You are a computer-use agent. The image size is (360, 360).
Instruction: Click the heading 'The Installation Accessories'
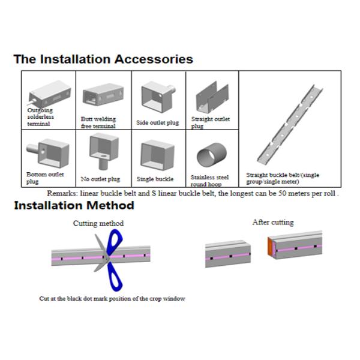pyautogui.click(x=103, y=59)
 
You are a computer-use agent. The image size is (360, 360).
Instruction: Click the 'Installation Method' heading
pyautogui.click(x=74, y=205)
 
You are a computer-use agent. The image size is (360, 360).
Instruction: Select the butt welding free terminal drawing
pyautogui.click(x=103, y=94)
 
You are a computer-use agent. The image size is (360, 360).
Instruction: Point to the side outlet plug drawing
pyautogui.click(x=158, y=97)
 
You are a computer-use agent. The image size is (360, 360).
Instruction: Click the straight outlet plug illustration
pyautogui.click(x=212, y=97)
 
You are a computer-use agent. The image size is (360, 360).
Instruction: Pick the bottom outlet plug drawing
pyautogui.click(x=48, y=153)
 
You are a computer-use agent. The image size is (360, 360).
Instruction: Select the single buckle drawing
pyautogui.click(x=157, y=155)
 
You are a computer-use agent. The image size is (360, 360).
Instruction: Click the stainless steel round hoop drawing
pyautogui.click(x=212, y=155)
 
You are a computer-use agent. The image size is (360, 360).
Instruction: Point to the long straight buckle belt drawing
pyautogui.click(x=290, y=124)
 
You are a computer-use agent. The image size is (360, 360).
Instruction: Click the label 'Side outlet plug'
pyautogui.click(x=157, y=122)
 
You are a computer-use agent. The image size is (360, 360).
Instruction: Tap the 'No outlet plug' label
pyautogui.click(x=100, y=179)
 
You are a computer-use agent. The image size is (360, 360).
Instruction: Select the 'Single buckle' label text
pyautogui.click(x=155, y=179)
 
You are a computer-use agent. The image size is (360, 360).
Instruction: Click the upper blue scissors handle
pyautogui.click(x=114, y=242)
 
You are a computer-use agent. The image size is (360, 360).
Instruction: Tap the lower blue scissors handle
pyautogui.click(x=115, y=277)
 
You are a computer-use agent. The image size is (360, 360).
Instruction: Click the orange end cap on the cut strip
pyautogui.click(x=271, y=247)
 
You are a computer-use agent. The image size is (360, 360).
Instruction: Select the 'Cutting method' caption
pyautogui.click(x=98, y=223)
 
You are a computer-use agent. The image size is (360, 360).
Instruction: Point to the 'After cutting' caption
pyautogui.click(x=273, y=222)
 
